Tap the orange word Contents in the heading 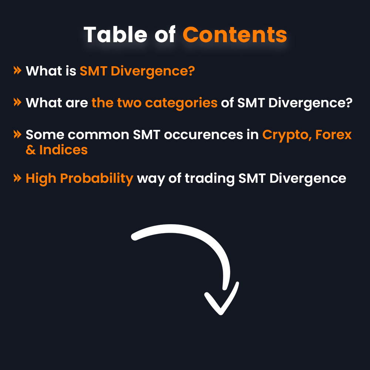[x=235, y=35]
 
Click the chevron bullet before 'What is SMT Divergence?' [x=17, y=70]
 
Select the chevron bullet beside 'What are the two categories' [x=17, y=102]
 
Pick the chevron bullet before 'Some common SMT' [x=17, y=134]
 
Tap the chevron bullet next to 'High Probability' [x=17, y=178]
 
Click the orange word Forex [x=333, y=135]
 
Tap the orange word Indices [x=63, y=150]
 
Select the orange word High [x=41, y=178]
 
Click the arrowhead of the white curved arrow [x=221, y=303]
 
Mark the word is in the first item [x=71, y=71]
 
